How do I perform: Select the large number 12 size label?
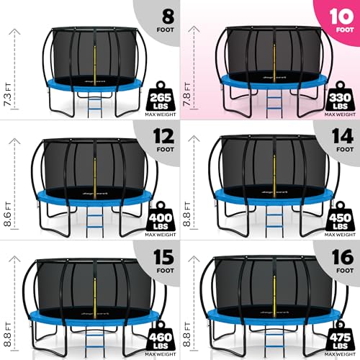pyautogui.click(x=156, y=135)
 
